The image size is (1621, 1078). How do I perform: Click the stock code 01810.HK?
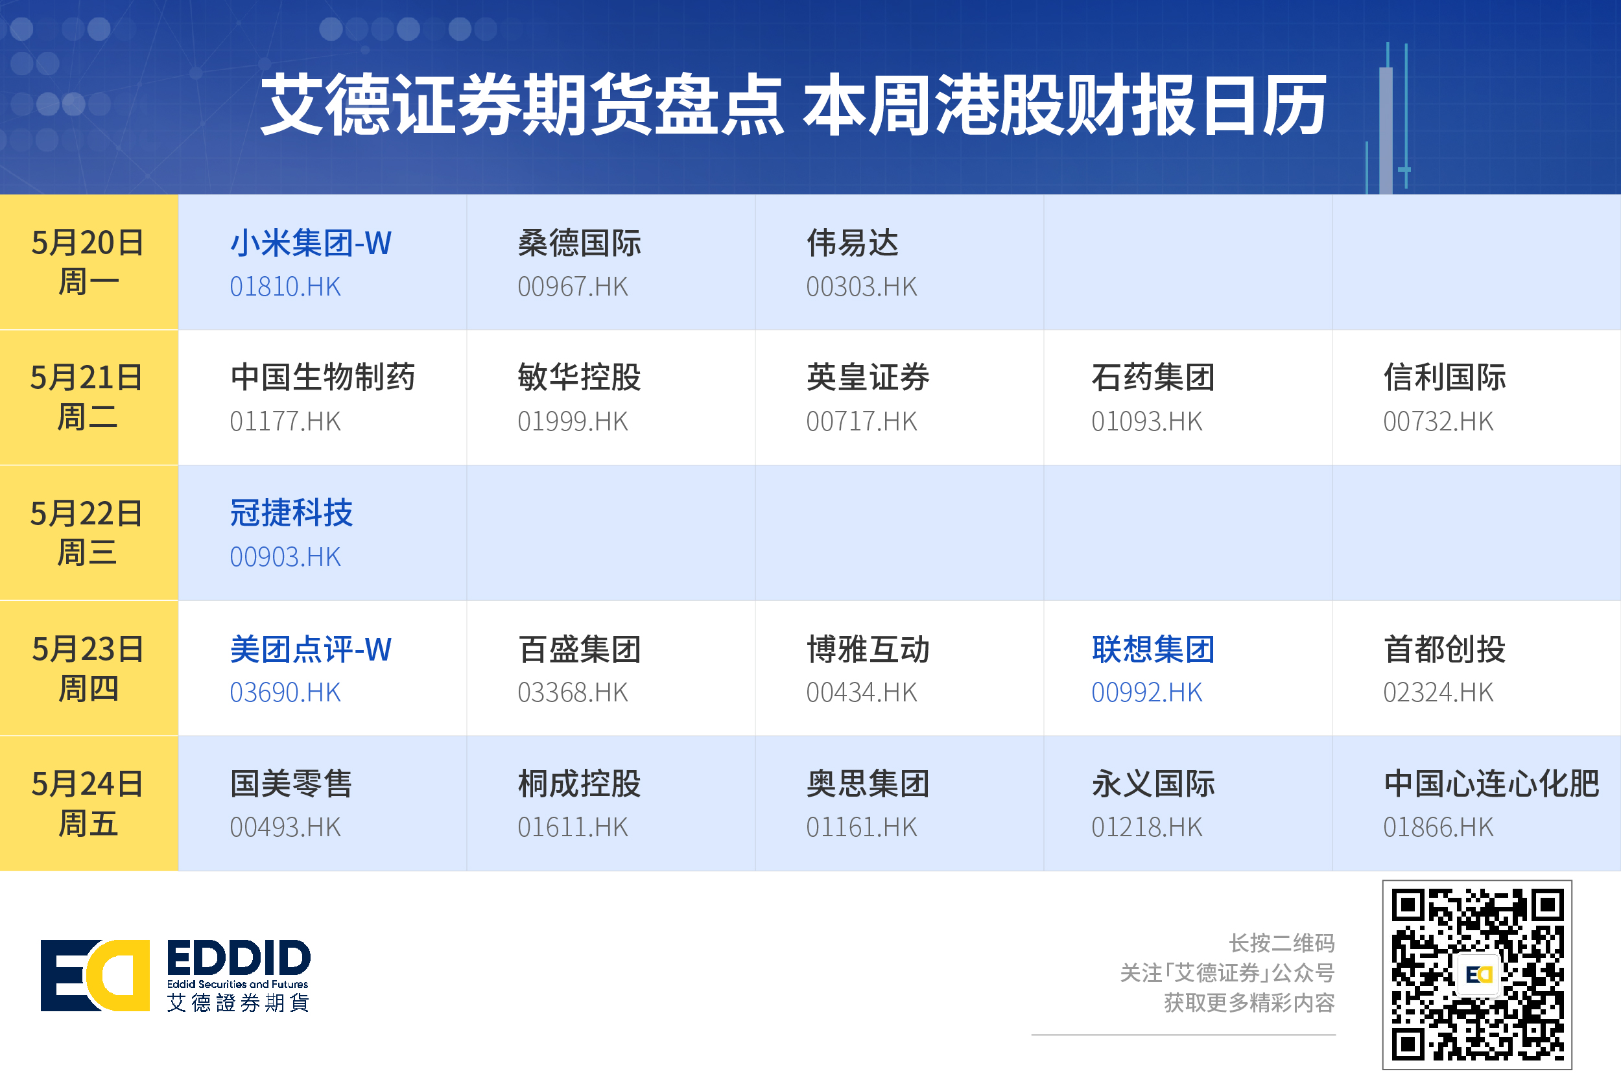(x=285, y=287)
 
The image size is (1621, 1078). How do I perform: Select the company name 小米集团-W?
(x=310, y=242)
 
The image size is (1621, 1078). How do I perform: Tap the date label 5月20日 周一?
(x=88, y=262)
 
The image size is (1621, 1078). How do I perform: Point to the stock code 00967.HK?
(x=573, y=287)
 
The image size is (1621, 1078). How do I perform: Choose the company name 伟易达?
(x=852, y=242)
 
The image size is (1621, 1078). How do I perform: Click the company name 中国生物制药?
(x=322, y=377)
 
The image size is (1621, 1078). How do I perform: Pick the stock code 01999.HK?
(x=573, y=421)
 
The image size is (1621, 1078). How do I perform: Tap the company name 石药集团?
(x=1154, y=377)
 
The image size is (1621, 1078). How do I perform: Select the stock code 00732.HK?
(x=1438, y=421)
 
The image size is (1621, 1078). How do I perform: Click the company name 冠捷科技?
(x=292, y=513)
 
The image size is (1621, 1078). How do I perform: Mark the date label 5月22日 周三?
(x=87, y=533)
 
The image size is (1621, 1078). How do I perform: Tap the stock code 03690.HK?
(x=285, y=692)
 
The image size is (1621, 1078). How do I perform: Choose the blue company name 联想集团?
(x=1154, y=649)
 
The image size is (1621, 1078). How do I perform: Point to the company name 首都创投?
(x=1445, y=649)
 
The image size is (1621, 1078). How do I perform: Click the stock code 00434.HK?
(x=861, y=692)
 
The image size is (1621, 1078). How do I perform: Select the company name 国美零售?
(x=292, y=784)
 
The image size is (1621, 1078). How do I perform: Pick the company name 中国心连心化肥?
(x=1491, y=784)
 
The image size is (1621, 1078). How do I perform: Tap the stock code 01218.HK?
(x=1146, y=827)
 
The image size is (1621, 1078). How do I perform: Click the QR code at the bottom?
(x=1477, y=974)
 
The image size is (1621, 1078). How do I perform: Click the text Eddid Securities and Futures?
(x=237, y=984)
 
